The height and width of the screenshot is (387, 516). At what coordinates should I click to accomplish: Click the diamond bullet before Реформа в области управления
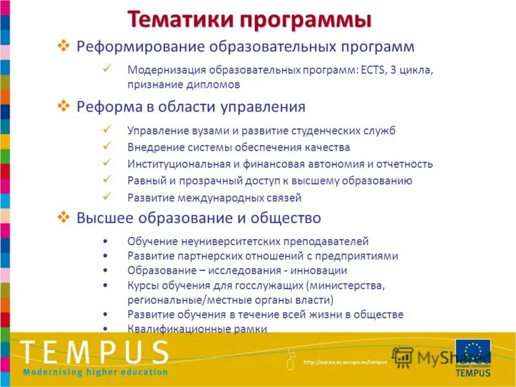click(63, 105)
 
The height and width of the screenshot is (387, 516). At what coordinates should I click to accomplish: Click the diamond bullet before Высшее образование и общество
click(63, 217)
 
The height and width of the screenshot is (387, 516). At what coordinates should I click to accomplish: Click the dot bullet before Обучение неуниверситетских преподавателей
click(106, 242)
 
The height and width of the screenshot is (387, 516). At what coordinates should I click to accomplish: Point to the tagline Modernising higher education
click(95, 372)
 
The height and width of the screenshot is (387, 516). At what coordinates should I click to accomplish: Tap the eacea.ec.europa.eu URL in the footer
click(345, 362)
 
